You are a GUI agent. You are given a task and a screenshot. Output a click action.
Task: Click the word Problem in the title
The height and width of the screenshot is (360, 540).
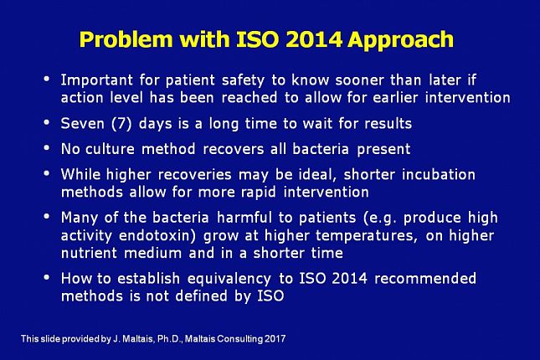click(126, 39)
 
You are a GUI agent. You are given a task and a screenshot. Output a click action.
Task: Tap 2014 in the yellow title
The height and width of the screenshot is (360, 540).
click(314, 39)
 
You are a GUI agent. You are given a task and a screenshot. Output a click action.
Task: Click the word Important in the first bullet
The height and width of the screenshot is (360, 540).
click(97, 80)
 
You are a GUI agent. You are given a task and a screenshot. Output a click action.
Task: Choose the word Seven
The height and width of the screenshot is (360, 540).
click(83, 123)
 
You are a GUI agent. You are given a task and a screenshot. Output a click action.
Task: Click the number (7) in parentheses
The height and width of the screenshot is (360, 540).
click(121, 124)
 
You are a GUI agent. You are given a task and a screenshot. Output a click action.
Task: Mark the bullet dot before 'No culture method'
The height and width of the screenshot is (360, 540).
click(47, 148)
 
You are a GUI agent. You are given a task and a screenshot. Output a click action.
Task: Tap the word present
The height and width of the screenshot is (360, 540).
click(383, 150)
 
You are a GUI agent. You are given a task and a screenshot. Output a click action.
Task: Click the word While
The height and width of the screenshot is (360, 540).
click(80, 174)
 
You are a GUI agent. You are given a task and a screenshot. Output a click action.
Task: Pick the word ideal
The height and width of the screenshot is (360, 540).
click(317, 175)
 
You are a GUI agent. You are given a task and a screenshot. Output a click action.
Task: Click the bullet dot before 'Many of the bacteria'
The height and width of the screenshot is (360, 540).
click(47, 216)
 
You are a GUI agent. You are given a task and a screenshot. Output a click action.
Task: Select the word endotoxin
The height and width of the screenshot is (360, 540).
click(157, 235)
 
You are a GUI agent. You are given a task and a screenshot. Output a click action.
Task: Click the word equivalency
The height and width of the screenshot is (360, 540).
click(229, 279)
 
